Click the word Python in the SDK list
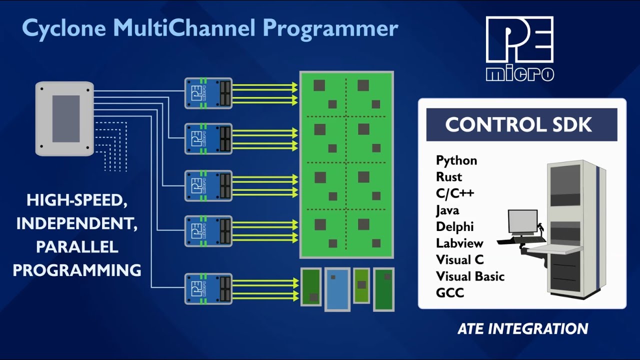(x=456, y=160)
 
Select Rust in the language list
(x=448, y=177)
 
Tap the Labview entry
(x=459, y=243)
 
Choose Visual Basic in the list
(x=470, y=276)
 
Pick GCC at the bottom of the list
(x=450, y=293)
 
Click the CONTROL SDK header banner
(x=521, y=124)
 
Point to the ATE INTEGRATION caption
(x=522, y=328)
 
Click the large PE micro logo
(x=519, y=48)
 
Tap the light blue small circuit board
(x=336, y=289)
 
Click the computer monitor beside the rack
(x=522, y=221)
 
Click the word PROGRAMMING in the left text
(x=77, y=270)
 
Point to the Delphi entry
(x=454, y=227)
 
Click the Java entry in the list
(x=447, y=210)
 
